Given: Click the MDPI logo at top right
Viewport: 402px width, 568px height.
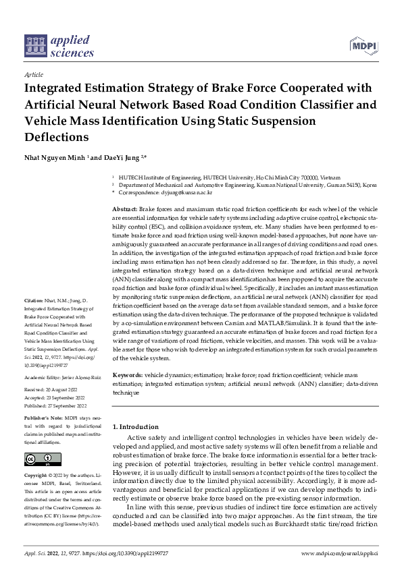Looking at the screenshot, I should (x=363, y=46).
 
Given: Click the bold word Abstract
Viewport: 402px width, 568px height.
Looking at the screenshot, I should (x=124, y=210).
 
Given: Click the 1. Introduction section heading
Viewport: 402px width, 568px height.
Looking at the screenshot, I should (x=134, y=427).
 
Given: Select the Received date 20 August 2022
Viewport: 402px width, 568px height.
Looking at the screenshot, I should (x=66, y=389).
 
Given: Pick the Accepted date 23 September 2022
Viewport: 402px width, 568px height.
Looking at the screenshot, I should (x=69, y=397).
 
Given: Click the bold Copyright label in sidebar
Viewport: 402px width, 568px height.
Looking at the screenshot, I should (x=38, y=475).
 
